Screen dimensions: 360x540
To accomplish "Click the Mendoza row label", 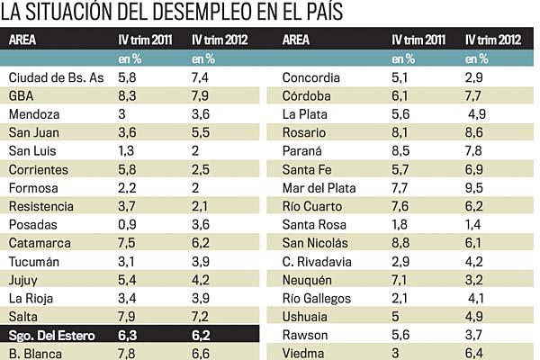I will (33, 114).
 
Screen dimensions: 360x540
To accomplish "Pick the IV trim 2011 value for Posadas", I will (128, 225).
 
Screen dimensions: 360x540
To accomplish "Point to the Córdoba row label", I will (307, 96).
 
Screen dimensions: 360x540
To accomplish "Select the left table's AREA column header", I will (24, 39).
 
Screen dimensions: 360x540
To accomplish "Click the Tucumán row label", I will (34, 262).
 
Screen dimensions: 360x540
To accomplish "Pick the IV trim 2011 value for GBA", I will (128, 96).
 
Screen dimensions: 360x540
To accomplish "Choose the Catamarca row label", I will (39, 243).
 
